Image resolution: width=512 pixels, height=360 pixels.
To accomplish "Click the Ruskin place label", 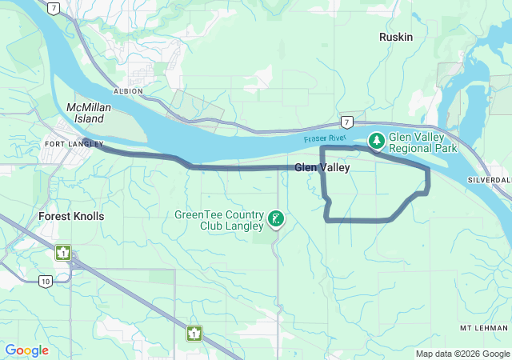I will (395, 36).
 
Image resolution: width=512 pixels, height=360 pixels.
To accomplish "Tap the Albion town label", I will (128, 91).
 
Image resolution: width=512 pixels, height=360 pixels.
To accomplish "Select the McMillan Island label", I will (85, 113).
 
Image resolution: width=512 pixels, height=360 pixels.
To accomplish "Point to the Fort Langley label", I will (74, 144).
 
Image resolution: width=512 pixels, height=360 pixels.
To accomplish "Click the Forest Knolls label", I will (71, 216).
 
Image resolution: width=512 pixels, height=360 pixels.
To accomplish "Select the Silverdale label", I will (490, 181).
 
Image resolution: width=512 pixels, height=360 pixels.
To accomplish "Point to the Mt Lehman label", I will (484, 328).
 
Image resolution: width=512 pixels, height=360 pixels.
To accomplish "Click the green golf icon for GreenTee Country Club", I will (275, 219).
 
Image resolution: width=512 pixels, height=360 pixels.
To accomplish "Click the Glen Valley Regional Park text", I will (422, 142).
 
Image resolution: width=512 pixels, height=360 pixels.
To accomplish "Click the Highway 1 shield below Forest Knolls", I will (62, 253).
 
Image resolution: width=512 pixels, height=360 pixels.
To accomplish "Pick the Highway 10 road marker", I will (46, 281).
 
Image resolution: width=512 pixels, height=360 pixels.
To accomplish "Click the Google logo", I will (27, 350).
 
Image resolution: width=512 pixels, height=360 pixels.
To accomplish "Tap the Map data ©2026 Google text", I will (461, 354).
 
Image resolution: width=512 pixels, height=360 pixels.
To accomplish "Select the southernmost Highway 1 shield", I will (194, 333).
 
